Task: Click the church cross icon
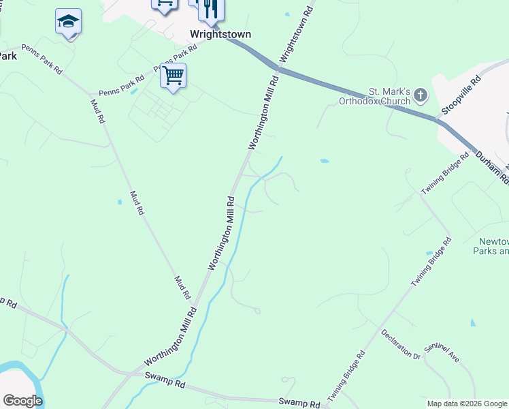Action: [x=421, y=95]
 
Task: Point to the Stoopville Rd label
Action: [x=461, y=96]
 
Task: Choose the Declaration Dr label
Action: [x=402, y=344]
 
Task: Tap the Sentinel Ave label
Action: [x=442, y=352]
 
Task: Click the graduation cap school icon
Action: [x=68, y=22]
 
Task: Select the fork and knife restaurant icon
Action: [x=210, y=8]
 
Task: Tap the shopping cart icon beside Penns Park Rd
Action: [x=173, y=76]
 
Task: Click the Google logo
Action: [x=22, y=400]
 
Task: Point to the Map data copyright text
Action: [x=467, y=404]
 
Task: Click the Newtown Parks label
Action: [x=493, y=246]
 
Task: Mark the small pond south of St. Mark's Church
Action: [x=325, y=162]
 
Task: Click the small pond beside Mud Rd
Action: [x=120, y=202]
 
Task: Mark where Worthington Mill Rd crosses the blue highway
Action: [x=278, y=68]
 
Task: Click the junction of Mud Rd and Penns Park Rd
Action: [x=90, y=93]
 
